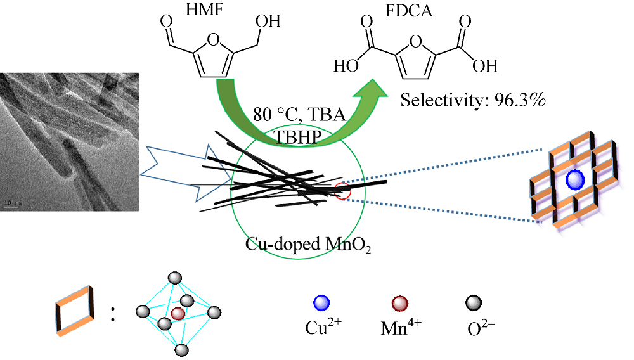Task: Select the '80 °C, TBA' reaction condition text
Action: (290, 117)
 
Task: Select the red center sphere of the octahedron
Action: (178, 313)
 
